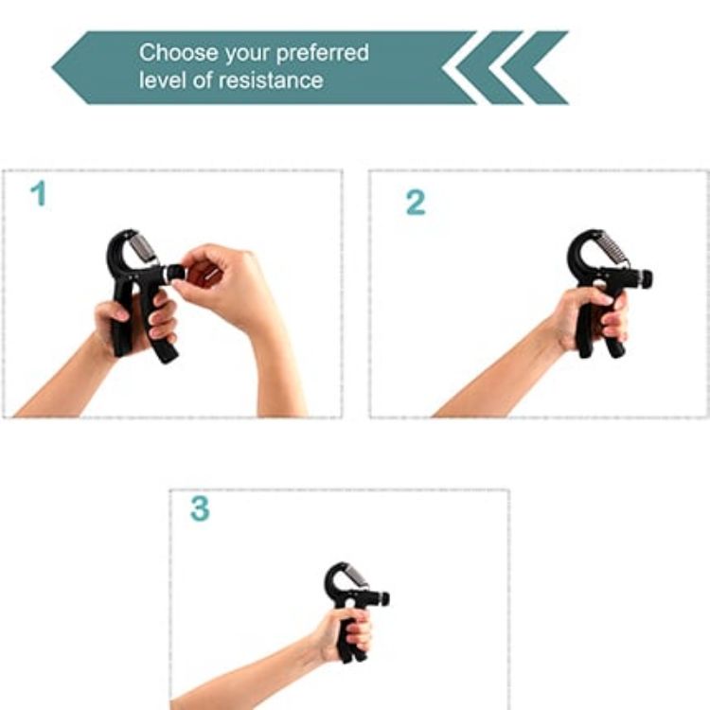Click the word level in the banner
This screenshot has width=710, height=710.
pyautogui.click(x=160, y=80)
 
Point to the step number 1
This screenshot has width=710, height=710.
pyautogui.click(x=38, y=194)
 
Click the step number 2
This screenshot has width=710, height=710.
pyautogui.click(x=416, y=203)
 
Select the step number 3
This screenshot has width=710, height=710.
pyautogui.click(x=199, y=509)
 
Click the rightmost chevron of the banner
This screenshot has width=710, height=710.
pyautogui.click(x=544, y=67)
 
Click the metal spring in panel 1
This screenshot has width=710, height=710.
pyautogui.click(x=141, y=250)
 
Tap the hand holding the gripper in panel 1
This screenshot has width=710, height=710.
pyautogui.click(x=133, y=322)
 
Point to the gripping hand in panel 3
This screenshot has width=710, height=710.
pyautogui.click(x=346, y=632)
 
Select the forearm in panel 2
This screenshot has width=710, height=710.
pyautogui.click(x=492, y=379)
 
